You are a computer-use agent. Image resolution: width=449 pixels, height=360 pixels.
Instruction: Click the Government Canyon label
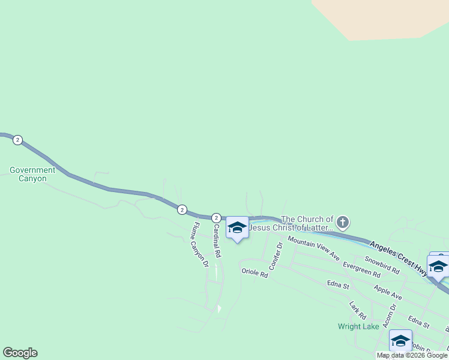pyautogui.click(x=32, y=174)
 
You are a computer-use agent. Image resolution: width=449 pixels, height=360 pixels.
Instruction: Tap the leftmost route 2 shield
pyautogui.click(x=17, y=140)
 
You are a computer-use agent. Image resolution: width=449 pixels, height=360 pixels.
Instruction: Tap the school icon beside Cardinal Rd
pyautogui.click(x=237, y=227)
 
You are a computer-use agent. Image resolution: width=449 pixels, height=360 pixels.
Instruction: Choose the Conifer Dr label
pyautogui.click(x=275, y=256)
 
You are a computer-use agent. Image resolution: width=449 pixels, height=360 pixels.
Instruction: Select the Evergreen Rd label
pyautogui.click(x=361, y=269)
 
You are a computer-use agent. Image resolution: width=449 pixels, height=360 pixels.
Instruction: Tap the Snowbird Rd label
pyautogui.click(x=382, y=266)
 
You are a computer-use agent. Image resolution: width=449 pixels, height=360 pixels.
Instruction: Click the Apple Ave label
pyautogui.click(x=388, y=292)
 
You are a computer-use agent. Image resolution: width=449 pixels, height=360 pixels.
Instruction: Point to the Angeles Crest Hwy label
pyautogui.click(x=399, y=259)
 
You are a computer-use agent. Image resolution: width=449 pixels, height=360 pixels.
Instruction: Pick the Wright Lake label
pyautogui.click(x=358, y=326)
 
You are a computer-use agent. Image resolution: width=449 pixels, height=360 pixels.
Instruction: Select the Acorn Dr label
pyautogui.click(x=393, y=314)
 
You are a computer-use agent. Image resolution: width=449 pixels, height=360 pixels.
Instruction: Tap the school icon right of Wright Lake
pyautogui.click(x=400, y=340)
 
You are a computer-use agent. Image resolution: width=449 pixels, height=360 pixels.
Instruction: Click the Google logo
pyautogui.click(x=20, y=353)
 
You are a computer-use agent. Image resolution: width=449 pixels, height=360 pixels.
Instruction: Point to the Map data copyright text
pyautogui.click(x=412, y=355)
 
